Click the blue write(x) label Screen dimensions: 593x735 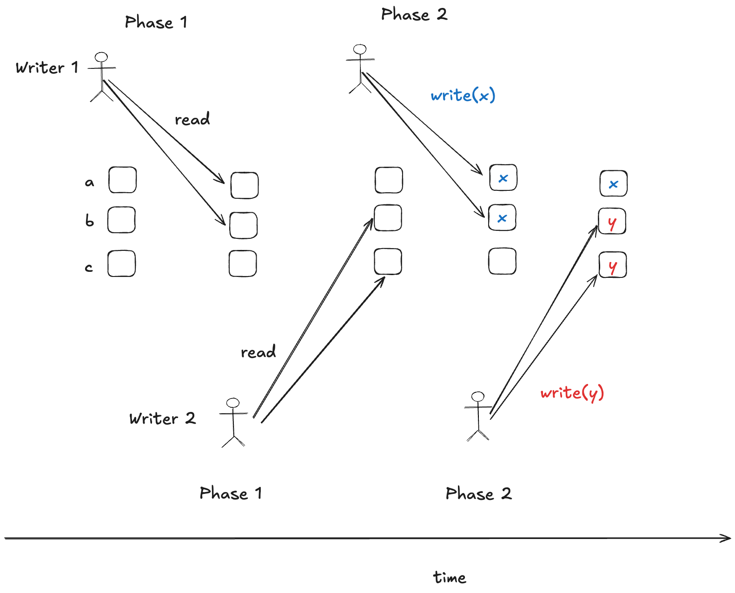463,95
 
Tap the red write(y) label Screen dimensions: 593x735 572,393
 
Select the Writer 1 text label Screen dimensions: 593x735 46,68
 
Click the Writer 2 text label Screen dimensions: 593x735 162,418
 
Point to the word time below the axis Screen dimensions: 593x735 449,578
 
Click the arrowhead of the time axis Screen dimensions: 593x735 726,539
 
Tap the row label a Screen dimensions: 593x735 89,182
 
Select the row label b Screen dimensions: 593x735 89,220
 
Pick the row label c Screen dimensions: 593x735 89,268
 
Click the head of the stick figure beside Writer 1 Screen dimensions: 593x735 101,58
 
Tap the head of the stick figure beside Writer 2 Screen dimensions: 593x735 232,403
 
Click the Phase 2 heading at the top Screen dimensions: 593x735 414,14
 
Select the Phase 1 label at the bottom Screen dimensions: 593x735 231,493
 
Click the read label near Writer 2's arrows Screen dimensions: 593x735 258,352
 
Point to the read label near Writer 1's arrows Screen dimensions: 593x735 192,119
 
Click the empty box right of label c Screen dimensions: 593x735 121,264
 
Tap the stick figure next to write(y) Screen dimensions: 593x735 478,417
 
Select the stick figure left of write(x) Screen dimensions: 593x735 360,69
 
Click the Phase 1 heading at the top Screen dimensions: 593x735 156,22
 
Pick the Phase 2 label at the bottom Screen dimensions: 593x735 478,493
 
